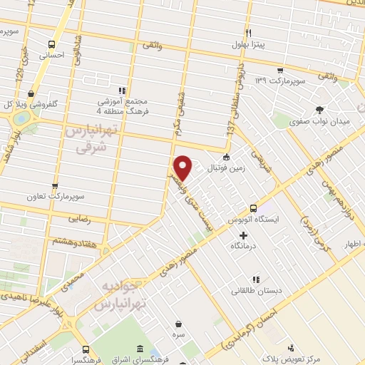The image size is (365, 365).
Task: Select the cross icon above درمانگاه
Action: click(243, 235)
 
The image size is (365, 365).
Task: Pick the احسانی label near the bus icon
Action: click(51, 53)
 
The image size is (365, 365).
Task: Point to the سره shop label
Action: click(178, 334)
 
